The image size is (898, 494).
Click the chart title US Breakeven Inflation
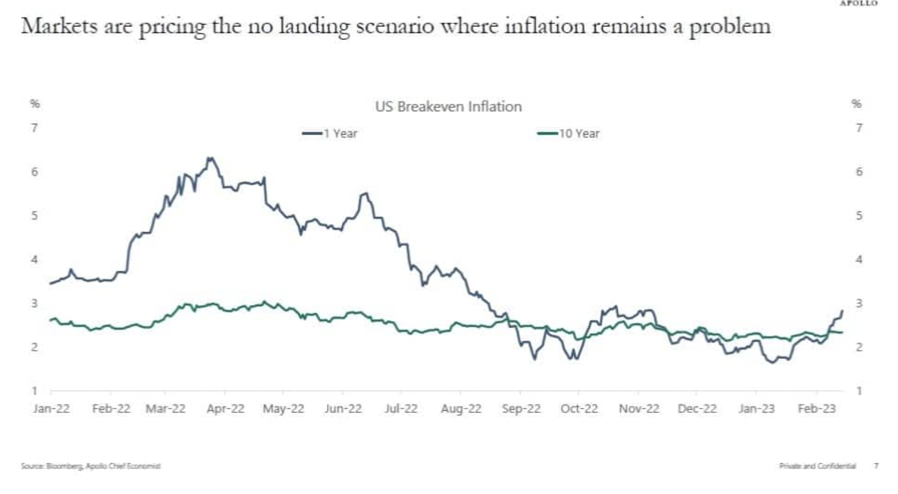pos(448,107)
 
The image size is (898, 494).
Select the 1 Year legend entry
pos(330,133)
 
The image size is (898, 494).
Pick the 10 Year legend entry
pos(569,133)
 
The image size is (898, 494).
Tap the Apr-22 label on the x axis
pos(225,409)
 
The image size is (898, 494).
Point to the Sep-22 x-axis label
pos(521,409)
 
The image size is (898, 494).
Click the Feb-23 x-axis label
pos(816,409)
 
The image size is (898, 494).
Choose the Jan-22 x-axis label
pos(51,409)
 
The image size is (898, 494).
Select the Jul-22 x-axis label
pos(401,409)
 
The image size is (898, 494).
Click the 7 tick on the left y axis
pos(35,128)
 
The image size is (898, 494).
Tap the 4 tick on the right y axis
pos(859,260)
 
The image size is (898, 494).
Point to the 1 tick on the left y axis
pos(35,391)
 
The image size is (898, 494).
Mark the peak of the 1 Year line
pos(211,158)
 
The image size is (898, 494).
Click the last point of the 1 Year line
pos(842,311)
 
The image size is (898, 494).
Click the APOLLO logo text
pos(858,3)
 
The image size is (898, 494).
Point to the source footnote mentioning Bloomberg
pos(91,466)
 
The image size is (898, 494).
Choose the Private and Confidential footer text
pos(817,466)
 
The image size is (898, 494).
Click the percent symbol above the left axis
pos(35,104)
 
